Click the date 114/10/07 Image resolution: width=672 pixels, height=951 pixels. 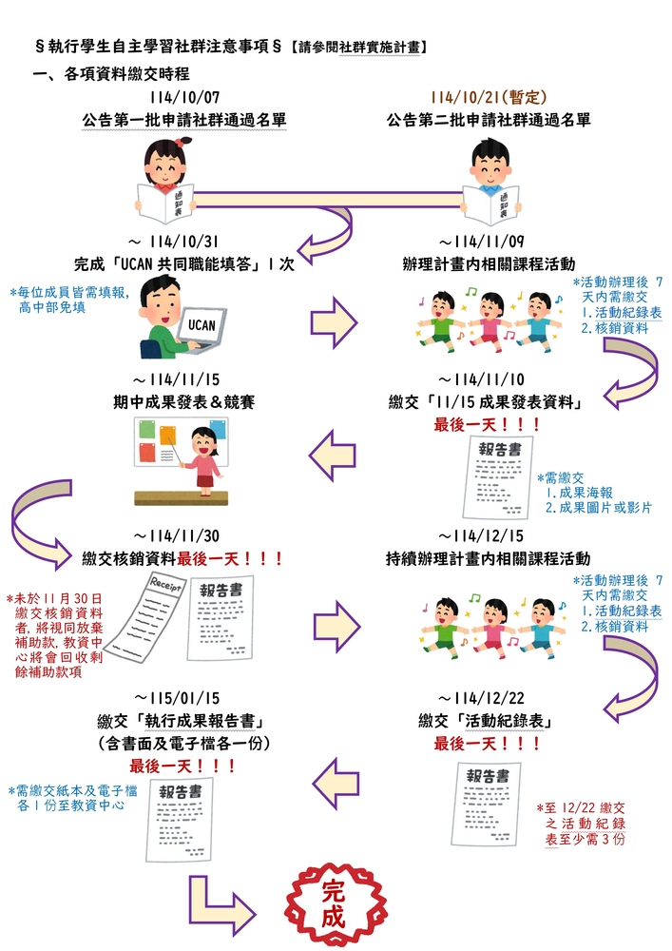point(184,98)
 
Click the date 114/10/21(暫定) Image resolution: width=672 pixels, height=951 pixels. point(489,98)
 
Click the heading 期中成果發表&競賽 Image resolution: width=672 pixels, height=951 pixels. point(184,401)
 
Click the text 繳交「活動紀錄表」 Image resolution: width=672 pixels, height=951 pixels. point(489,719)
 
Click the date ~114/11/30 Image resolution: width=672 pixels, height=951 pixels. point(184,537)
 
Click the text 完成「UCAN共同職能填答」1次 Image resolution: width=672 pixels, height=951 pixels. point(184,262)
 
